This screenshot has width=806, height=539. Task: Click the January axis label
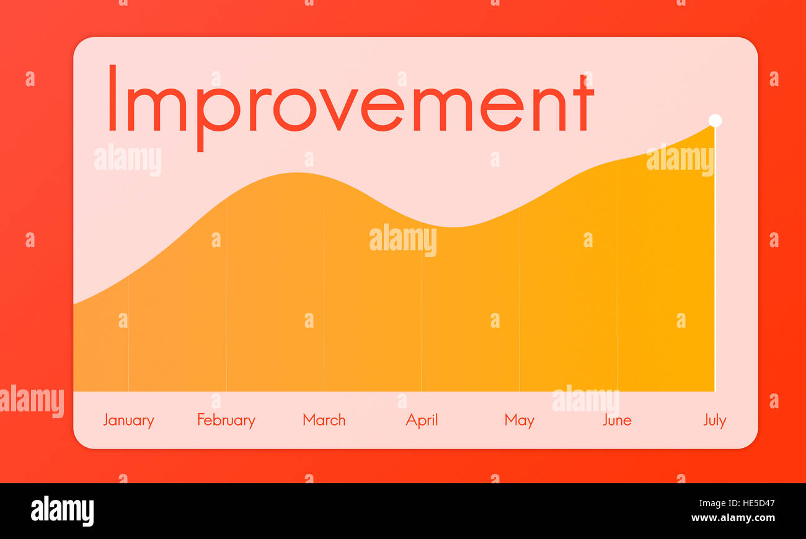(128, 421)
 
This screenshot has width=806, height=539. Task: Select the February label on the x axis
(226, 421)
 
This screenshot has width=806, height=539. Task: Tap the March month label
(324, 420)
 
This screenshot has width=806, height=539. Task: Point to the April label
(422, 421)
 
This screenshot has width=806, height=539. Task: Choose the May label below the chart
(519, 421)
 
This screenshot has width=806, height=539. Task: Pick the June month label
(617, 421)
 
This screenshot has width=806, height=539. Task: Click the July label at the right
(714, 421)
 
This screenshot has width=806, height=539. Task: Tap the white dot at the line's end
(715, 120)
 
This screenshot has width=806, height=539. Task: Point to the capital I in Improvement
(112, 99)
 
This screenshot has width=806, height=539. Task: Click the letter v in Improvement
(340, 110)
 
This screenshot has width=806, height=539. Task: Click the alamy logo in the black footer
(63, 511)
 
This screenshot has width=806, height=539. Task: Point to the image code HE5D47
(753, 504)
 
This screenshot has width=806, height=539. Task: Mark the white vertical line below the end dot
(715, 260)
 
